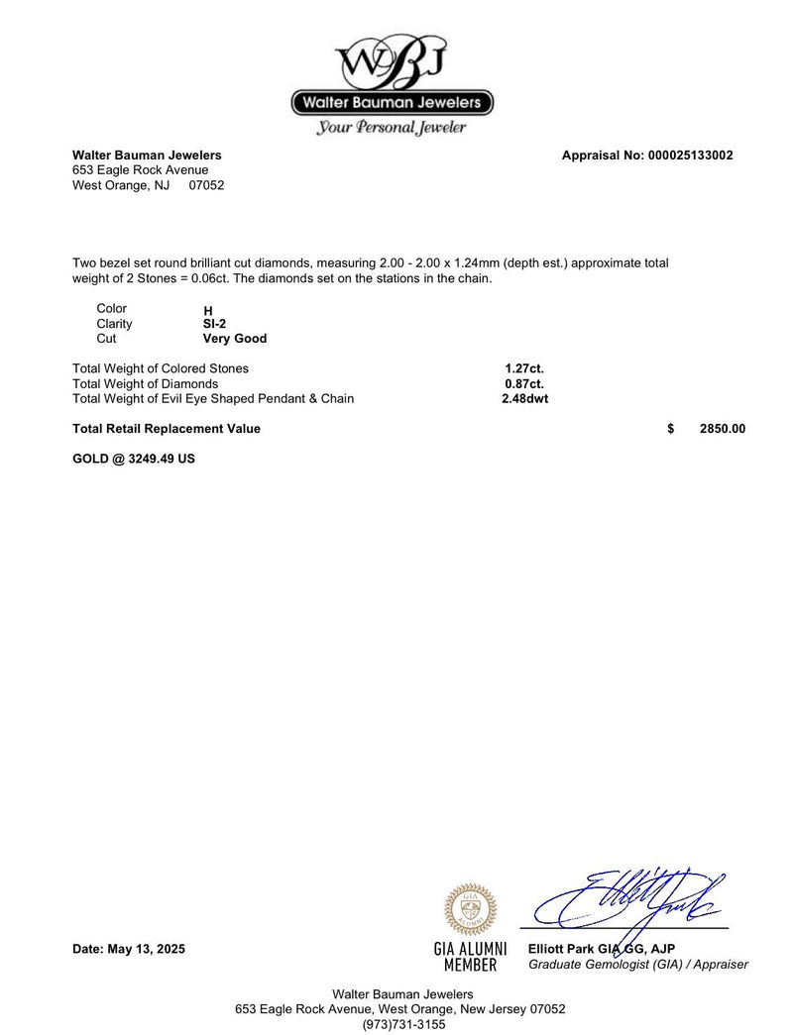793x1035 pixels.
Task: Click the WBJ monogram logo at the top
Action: (x=393, y=61)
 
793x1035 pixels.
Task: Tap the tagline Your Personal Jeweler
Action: (x=392, y=128)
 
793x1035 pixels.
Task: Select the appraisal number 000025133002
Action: (x=690, y=155)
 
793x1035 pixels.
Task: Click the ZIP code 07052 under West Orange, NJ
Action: (x=206, y=185)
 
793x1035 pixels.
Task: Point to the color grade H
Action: (x=208, y=310)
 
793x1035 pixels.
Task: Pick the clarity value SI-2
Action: (x=214, y=324)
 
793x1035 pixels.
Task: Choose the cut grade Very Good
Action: (x=234, y=339)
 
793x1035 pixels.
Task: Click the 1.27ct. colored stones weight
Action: (x=524, y=368)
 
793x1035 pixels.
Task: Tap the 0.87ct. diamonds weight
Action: (x=524, y=383)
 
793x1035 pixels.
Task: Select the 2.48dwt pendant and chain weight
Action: (x=524, y=399)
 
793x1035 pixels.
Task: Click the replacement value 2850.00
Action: (x=722, y=429)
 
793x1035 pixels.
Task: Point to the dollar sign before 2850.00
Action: (x=671, y=429)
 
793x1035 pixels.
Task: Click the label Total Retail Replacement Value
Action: (x=167, y=429)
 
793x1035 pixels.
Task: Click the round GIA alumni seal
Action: (x=471, y=910)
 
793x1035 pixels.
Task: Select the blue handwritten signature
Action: (x=634, y=897)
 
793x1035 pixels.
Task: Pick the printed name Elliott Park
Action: (x=561, y=949)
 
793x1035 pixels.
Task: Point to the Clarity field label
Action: (x=114, y=324)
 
